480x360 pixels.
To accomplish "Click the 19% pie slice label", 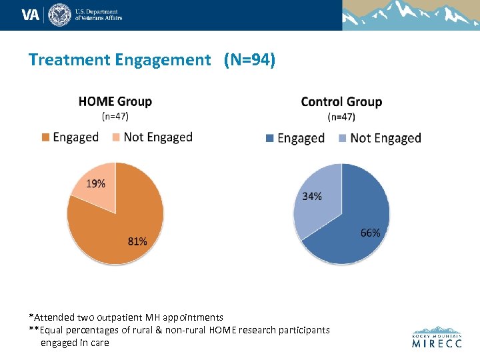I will [95, 183].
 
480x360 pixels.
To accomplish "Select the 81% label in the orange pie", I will [137, 241].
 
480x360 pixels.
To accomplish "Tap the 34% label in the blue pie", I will [312, 196].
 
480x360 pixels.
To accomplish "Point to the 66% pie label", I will [370, 233].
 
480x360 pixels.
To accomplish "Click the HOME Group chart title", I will [115, 102].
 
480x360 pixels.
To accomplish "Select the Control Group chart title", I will [341, 102].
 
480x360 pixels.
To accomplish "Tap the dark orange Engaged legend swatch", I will [45, 137].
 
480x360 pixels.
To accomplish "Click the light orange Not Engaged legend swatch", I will [115, 137].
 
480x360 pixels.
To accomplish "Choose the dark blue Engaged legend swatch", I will [269, 138].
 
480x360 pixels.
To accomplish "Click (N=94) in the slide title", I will [249, 60].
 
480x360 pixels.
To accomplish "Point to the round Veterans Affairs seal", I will [59, 15].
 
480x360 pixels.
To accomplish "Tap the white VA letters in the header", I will [31, 15].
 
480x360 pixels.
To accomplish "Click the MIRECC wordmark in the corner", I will [437, 344].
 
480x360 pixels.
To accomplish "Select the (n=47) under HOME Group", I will [115, 116].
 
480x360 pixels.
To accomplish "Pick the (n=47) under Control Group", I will [341, 117].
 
